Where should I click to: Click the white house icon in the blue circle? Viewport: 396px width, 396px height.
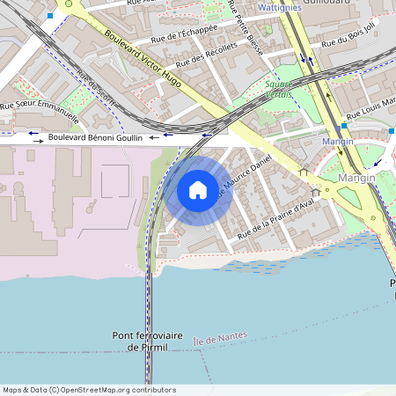click(198, 189)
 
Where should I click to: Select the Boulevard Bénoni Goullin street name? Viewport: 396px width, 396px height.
click(97, 137)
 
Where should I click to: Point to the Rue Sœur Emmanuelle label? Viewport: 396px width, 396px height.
click(40, 112)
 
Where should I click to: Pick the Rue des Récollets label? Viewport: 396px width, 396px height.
click(207, 55)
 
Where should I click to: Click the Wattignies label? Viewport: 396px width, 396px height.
click(281, 7)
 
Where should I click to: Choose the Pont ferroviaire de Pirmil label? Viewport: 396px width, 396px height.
click(148, 341)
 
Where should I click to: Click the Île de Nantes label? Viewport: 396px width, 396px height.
click(221, 335)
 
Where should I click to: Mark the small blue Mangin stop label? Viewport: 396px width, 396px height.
click(338, 141)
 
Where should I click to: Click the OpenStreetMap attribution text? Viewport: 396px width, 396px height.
click(89, 390)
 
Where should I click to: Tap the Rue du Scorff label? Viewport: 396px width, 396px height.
click(97, 89)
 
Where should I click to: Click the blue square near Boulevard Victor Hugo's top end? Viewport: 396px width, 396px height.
click(50, 16)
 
